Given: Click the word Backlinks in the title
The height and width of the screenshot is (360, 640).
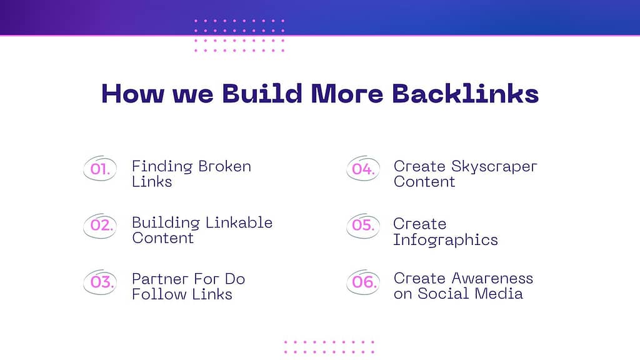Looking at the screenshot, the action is pos(465,94).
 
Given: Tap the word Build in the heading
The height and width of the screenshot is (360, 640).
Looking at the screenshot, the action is pos(262,94).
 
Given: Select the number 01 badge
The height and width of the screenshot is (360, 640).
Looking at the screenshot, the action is pos(100,168).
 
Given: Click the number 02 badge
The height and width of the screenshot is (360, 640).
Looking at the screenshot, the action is pos(100,225).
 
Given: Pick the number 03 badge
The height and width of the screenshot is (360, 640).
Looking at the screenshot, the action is pos(100,282).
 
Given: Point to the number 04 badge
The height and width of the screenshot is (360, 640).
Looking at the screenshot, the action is pos(363,168).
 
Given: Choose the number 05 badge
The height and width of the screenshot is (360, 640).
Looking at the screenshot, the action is pos(363,225).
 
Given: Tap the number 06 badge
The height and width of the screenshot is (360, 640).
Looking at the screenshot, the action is pos(363,282).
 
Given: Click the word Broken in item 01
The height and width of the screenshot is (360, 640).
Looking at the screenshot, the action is pos(224,166).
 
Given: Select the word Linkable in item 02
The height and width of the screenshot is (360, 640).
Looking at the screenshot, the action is pos(239,223).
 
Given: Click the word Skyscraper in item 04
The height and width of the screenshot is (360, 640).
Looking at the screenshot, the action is pos(494,167).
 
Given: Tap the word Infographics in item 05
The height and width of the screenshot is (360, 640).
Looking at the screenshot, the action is pos(445,240).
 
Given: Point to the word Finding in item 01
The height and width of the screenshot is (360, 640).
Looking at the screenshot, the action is pos(162,167).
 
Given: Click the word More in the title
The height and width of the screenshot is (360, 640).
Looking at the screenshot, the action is pos(347,94).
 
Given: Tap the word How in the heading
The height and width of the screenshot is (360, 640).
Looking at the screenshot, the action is pos(132,94).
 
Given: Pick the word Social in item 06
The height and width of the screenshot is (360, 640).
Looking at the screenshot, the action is pos(444,294).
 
